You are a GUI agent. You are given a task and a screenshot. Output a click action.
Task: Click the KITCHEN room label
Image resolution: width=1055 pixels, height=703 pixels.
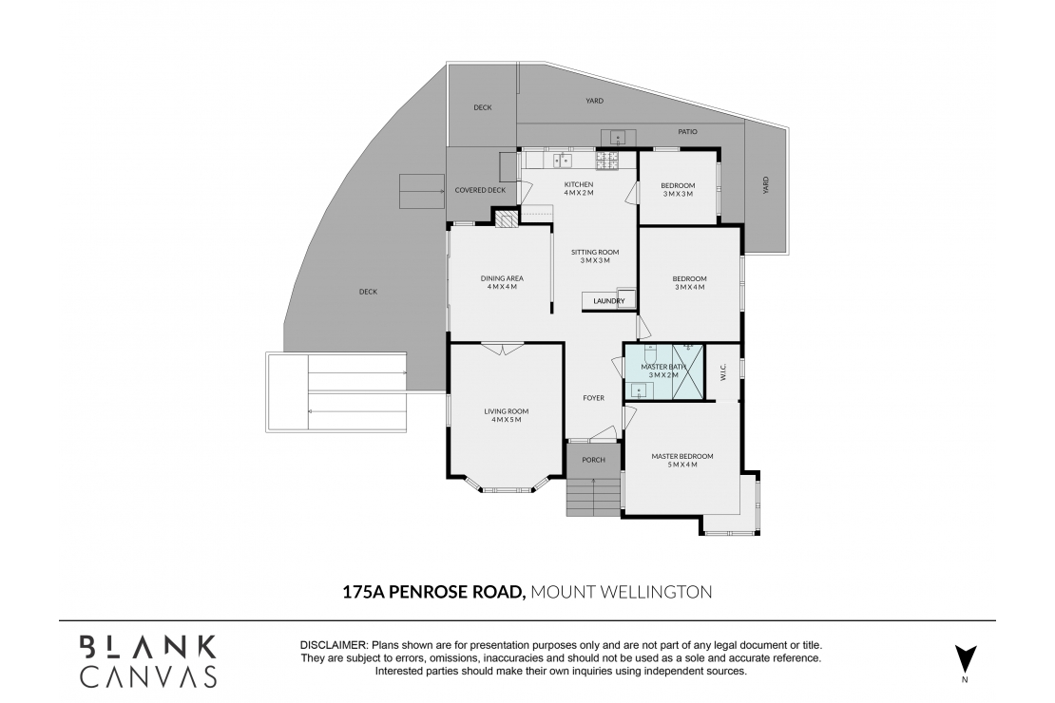click(x=578, y=184)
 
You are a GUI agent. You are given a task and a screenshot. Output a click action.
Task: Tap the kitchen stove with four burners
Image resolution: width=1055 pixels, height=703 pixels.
click(x=607, y=161)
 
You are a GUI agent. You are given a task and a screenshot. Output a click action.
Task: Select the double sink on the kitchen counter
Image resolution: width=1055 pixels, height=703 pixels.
click(x=562, y=161)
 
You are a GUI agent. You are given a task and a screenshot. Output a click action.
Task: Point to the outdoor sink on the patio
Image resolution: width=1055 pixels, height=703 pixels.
click(x=618, y=137)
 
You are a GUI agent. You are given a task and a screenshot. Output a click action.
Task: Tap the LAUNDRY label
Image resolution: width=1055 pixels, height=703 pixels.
click(x=608, y=301)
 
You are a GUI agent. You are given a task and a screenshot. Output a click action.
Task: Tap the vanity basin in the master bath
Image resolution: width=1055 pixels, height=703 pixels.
click(x=635, y=388)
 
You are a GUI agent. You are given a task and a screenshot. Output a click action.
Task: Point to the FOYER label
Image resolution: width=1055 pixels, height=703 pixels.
click(x=594, y=398)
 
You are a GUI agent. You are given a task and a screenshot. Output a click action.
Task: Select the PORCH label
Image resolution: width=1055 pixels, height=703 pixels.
click(x=593, y=460)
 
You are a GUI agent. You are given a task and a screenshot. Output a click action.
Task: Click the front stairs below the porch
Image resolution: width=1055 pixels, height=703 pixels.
click(x=593, y=497)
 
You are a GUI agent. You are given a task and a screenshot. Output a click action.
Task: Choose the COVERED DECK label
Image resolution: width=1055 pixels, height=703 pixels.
click(x=480, y=190)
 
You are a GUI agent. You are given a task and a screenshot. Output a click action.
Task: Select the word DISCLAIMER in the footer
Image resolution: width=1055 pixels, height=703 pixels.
click(x=334, y=645)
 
